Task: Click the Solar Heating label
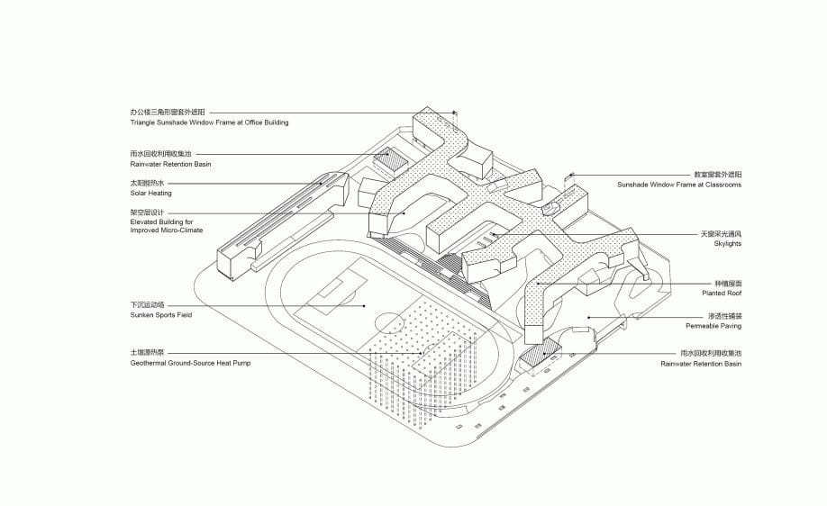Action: pos(150,194)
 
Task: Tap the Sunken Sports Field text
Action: pos(161,315)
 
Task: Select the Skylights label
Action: pos(727,243)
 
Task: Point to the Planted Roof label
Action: pos(722,293)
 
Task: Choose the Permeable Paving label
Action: pos(713,326)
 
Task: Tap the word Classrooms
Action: pos(723,185)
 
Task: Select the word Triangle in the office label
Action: pos(142,122)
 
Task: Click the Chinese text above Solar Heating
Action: pos(147,184)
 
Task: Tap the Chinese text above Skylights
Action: pos(721,233)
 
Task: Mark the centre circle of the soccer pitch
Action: pos(389,321)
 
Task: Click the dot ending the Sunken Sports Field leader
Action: pos(365,306)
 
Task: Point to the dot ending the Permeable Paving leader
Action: pos(588,317)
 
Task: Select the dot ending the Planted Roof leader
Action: pos(538,284)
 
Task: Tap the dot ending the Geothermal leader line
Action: pos(422,353)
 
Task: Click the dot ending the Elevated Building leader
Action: pos(404,213)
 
